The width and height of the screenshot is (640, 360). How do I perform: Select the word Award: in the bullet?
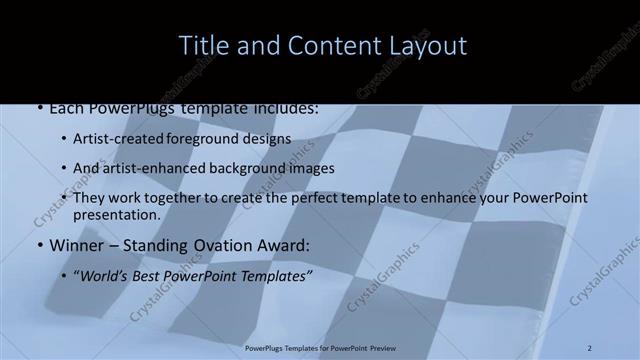[282, 244]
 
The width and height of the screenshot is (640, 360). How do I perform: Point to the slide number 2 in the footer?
[590, 347]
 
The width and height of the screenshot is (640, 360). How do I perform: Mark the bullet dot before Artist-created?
[64, 140]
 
